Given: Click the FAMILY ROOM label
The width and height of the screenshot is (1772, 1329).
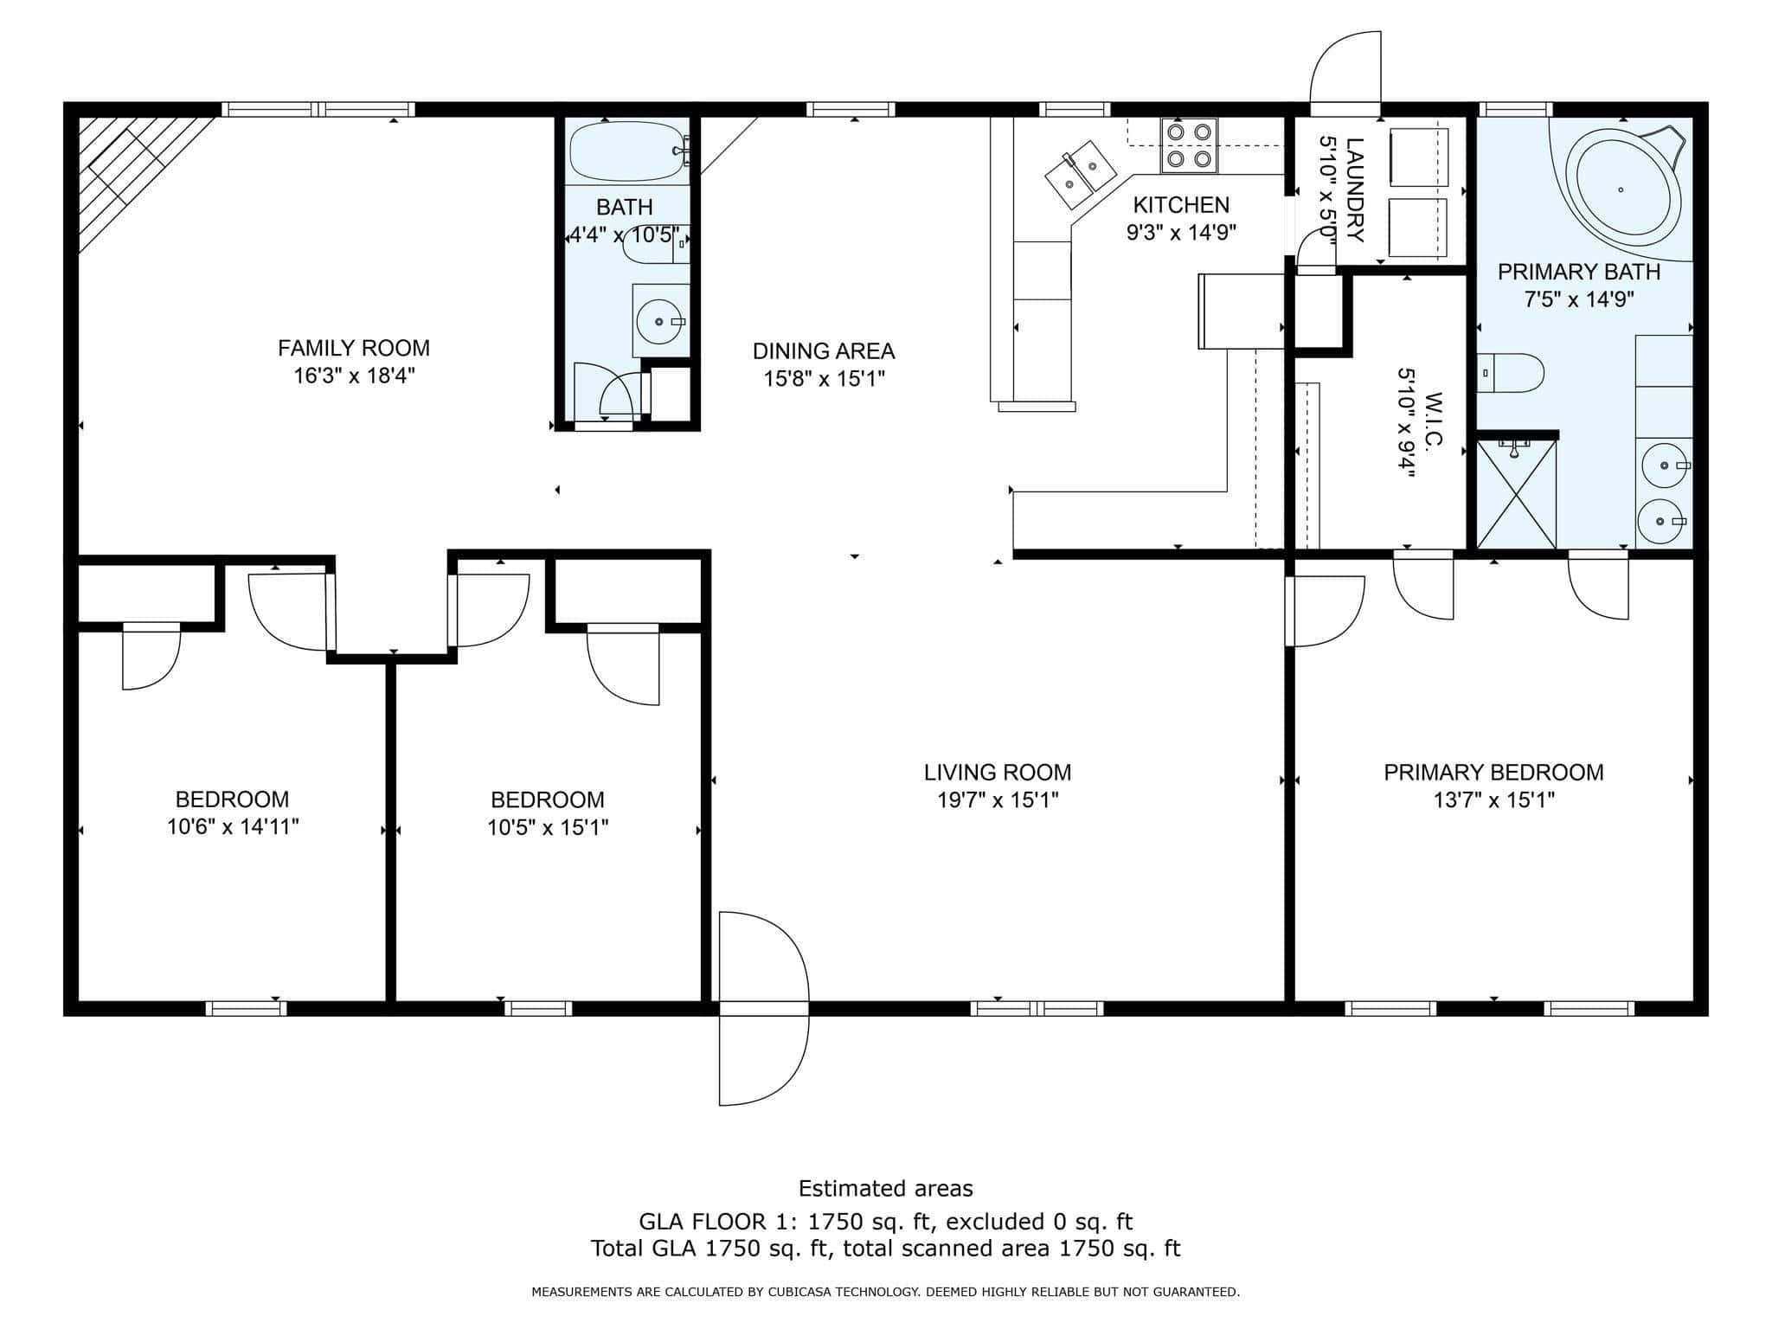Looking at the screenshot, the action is [353, 348].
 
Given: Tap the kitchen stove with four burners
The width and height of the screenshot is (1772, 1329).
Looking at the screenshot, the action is [1189, 145].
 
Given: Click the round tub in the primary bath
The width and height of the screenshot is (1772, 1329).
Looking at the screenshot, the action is [1621, 189].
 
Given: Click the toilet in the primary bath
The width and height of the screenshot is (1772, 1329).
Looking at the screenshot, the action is [1510, 373].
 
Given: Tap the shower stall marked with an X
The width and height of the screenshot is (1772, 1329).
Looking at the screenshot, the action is [1516, 494].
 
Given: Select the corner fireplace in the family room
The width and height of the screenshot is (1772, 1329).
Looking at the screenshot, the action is [138, 177].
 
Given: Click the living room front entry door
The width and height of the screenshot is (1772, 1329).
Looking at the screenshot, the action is [764, 1008].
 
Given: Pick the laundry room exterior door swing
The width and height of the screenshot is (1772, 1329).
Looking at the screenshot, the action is [1345, 73].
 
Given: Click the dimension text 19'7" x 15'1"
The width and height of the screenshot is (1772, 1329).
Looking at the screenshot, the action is [998, 799].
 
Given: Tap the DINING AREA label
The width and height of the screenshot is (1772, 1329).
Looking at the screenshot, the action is [824, 351].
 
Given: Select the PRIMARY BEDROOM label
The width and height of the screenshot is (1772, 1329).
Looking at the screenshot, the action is [1493, 772].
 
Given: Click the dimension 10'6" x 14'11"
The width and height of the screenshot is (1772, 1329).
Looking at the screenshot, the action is [233, 826].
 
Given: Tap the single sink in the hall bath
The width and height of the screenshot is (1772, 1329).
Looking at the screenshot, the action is [660, 321].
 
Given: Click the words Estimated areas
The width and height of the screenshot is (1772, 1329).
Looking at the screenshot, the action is [885, 1188].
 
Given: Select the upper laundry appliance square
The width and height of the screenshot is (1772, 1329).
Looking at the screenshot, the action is [1417, 158].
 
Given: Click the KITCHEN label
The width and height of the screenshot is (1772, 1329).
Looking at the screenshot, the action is [1181, 205].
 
